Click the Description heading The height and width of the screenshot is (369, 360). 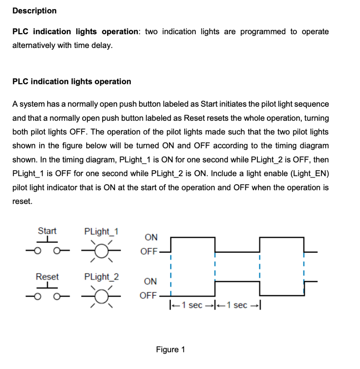[34, 11]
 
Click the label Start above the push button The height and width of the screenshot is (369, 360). [47, 231]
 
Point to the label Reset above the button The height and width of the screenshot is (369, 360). [47, 277]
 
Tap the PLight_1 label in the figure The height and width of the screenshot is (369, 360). [102, 231]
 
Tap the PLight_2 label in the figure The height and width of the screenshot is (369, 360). [102, 277]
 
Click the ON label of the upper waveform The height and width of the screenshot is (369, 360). [151, 237]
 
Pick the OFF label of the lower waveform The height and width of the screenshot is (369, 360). [148, 296]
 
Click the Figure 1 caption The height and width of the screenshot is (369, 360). [170, 350]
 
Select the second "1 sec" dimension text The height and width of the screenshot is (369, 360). [237, 306]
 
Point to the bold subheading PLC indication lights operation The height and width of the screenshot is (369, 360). [72, 81]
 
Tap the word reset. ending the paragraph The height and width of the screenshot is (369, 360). [22, 202]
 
